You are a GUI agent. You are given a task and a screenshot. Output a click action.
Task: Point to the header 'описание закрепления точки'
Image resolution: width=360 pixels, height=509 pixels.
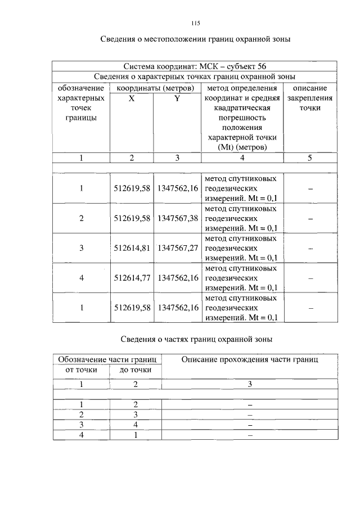coord(310,98)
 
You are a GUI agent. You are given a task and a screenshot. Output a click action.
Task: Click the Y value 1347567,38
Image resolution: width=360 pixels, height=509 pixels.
coord(177,218)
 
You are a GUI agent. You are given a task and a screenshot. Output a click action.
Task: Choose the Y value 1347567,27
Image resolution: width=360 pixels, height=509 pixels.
coord(177,248)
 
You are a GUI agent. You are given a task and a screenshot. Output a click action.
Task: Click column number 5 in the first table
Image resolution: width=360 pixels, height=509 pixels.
coord(310,158)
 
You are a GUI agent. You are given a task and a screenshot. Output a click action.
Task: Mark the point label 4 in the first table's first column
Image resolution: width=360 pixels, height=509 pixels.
coord(81,278)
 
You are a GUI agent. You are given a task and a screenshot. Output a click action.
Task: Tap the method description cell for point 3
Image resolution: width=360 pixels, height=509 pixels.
coord(241,248)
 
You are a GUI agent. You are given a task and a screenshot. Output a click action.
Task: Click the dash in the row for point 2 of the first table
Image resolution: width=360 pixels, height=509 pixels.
coord(310,218)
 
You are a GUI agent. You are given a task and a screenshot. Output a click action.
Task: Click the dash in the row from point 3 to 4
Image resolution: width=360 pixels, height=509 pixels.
coord(250,425)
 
